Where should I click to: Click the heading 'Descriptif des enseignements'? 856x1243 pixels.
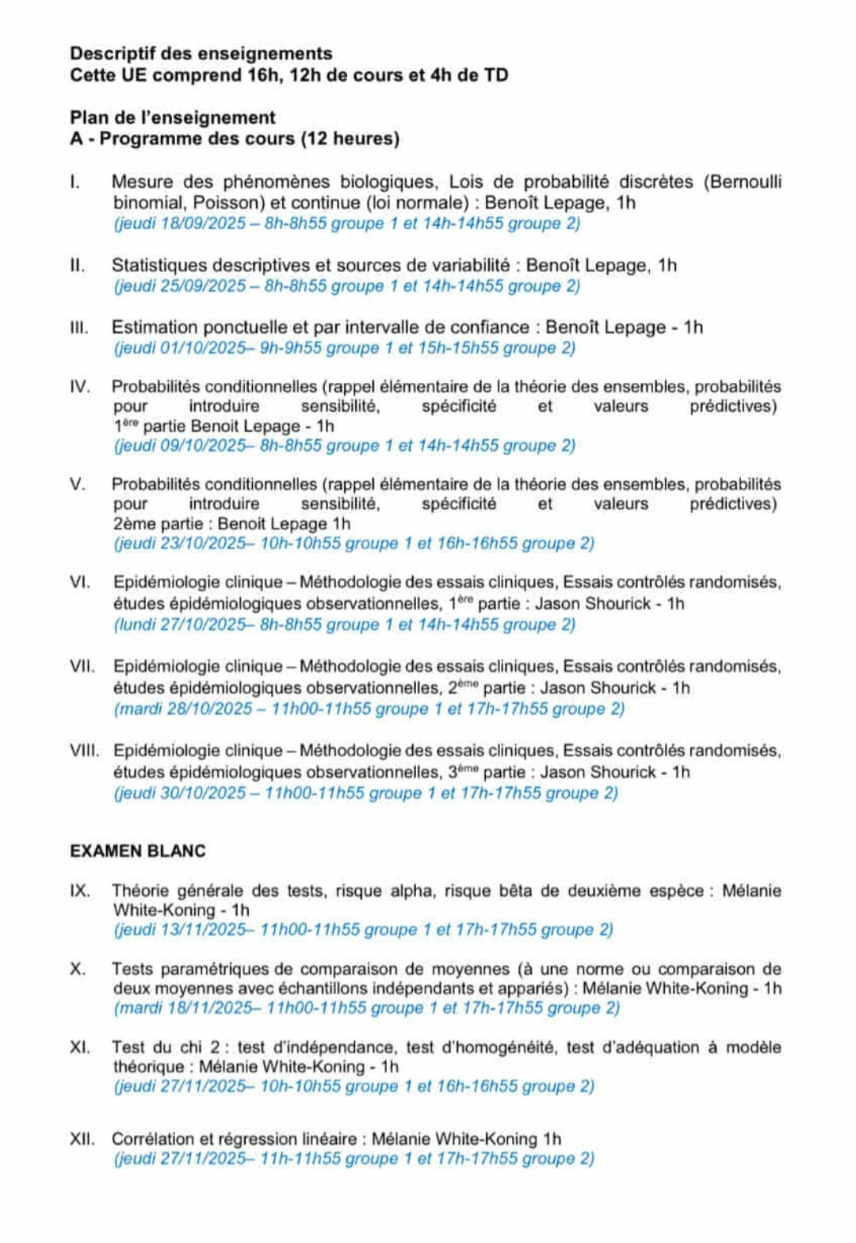(201, 54)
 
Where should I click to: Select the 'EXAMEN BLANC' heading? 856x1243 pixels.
(138, 851)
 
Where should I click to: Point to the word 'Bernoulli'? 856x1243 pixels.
(742, 182)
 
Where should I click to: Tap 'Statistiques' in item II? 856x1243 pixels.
(159, 266)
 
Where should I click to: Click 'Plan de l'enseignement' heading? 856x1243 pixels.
(173, 118)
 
